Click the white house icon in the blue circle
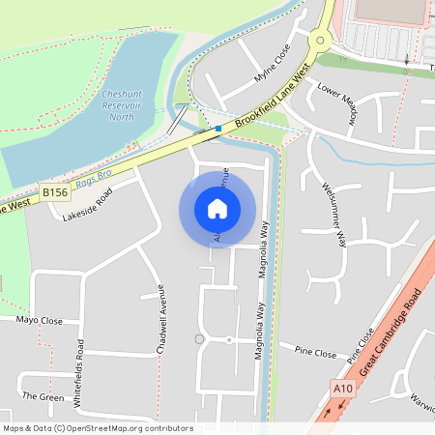pyautogui.click(x=217, y=208)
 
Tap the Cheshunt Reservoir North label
pyautogui.click(x=123, y=104)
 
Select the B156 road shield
pyautogui.click(x=55, y=193)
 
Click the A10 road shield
pyautogui.click(x=342, y=389)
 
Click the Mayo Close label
pyautogui.click(x=40, y=320)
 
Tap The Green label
pyautogui.click(x=43, y=396)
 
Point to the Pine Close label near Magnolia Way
pyautogui.click(x=315, y=353)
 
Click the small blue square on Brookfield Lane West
pyautogui.click(x=218, y=128)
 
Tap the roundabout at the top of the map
pyautogui.click(x=320, y=40)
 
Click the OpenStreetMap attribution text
pyautogui.click(x=98, y=428)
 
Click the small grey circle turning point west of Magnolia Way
pyautogui.click(x=199, y=338)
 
